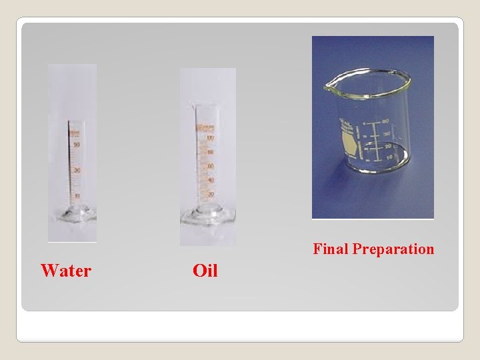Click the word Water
pyautogui.click(x=65, y=271)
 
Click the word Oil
pyautogui.click(x=205, y=271)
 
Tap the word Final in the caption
pyautogui.click(x=331, y=249)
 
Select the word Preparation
pyautogui.click(x=393, y=249)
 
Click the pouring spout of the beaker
pyautogui.click(x=327, y=86)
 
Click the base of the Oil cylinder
pyautogui.click(x=207, y=215)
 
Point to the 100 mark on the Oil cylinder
pyautogui.click(x=210, y=138)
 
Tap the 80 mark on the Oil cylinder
pyautogui.click(x=210, y=152)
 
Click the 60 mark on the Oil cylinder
pyautogui.click(x=210, y=166)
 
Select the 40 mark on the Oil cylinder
pyautogui.click(x=210, y=180)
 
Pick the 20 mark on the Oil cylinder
pyautogui.click(x=210, y=194)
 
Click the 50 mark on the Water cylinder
pyautogui.click(x=77, y=145)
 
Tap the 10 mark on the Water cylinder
pyautogui.click(x=77, y=195)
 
